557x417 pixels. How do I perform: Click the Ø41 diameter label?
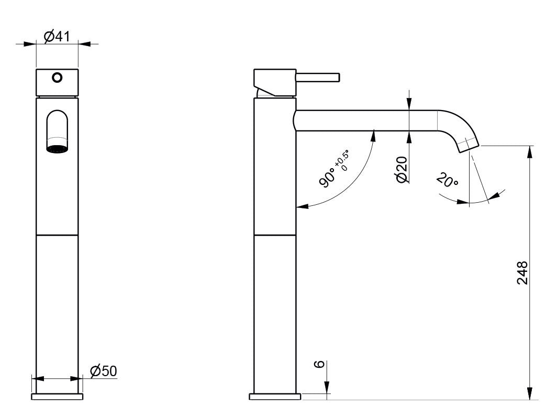(x=57, y=37)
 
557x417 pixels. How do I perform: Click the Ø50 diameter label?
(x=103, y=371)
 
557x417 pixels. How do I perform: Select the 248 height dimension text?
(x=522, y=272)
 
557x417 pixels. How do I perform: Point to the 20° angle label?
(x=447, y=181)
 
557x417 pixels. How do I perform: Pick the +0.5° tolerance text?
(x=343, y=160)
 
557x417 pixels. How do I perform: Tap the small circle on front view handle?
(x=57, y=78)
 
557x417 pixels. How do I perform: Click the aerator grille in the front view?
(x=57, y=148)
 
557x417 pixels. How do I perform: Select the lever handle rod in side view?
(x=318, y=78)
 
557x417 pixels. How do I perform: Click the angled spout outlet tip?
(x=469, y=145)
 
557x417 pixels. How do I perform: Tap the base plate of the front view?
(x=57, y=397)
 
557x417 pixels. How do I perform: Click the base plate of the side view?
(x=275, y=397)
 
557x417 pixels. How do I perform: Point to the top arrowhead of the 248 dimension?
(x=530, y=152)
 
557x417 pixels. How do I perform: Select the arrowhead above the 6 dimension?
(x=327, y=388)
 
